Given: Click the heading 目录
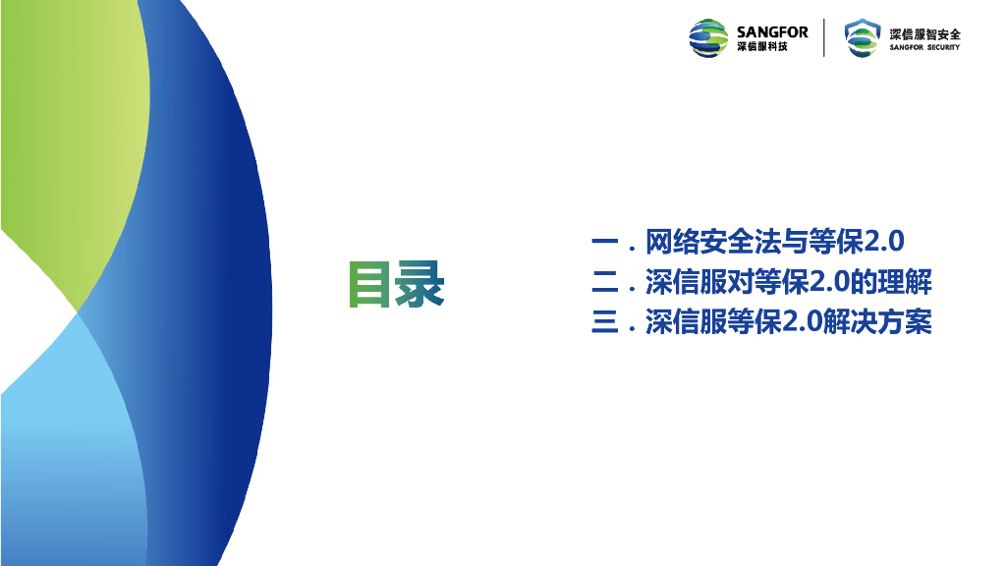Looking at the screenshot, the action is point(397,284).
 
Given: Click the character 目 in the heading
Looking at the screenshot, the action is point(369,284).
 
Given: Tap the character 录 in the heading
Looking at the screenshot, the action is point(419,284).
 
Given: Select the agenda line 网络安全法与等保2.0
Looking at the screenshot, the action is point(774,242).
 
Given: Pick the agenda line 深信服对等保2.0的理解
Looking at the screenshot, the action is point(789,282).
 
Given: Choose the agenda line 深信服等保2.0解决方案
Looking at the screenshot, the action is point(789,321).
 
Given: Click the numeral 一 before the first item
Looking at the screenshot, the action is point(604,242).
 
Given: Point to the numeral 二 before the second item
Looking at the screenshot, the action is point(604,282).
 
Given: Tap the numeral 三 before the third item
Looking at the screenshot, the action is point(604,322).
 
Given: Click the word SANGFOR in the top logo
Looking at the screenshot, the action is point(772,32).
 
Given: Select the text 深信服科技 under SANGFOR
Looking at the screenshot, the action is point(762,47).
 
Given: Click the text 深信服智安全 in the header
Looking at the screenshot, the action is point(924,34).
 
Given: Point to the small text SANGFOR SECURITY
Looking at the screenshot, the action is point(924,47).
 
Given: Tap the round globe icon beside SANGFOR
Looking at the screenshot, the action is point(708,38).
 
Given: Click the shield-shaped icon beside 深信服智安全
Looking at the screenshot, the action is point(862,38).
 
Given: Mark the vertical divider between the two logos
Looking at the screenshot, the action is point(824,38).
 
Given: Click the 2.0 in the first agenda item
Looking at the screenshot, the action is point(884,242).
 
